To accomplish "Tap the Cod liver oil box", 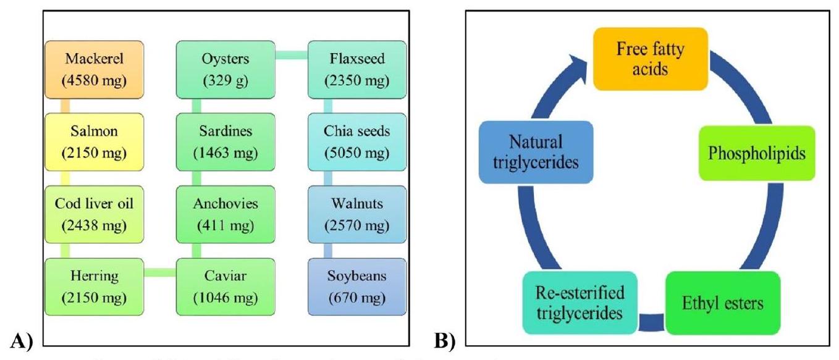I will (x=94, y=214).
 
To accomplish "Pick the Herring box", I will (x=94, y=286).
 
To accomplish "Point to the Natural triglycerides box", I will (x=536, y=152).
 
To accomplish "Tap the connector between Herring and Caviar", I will (x=160, y=272).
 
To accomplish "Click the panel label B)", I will (x=444, y=338).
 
